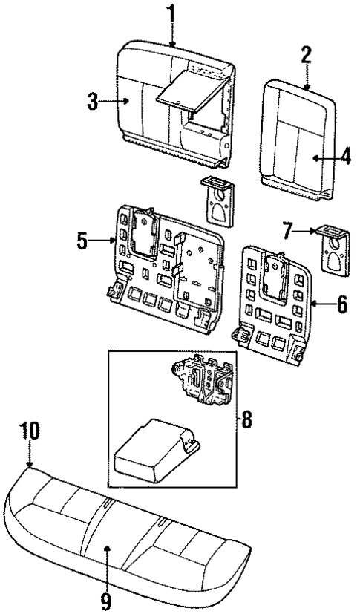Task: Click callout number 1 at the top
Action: coord(172,13)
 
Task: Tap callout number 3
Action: coord(93,102)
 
